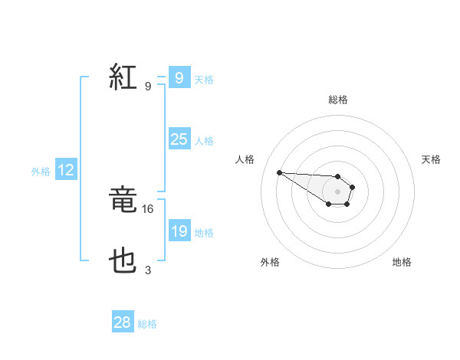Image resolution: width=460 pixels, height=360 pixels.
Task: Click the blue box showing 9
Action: pos(179,78)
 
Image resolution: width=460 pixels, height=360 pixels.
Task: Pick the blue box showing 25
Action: pos(179,139)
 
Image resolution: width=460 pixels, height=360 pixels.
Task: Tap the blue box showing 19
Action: pos(179,231)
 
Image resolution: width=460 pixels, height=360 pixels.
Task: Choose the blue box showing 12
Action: pos(66,171)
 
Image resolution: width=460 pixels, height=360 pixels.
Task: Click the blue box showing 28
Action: pos(123,322)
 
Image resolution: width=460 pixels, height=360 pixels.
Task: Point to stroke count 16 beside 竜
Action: pos(149,208)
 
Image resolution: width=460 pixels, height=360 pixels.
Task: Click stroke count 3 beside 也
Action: pos(148,270)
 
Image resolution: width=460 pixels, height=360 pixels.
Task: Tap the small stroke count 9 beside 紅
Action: pos(148,86)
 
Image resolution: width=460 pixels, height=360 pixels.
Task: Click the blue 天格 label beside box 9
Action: pos(204,80)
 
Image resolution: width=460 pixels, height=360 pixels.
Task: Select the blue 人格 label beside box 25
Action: pos(204,141)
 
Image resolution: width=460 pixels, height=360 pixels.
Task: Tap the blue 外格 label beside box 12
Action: pos(41,172)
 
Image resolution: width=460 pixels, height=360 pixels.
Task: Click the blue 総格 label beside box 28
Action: pos(147,324)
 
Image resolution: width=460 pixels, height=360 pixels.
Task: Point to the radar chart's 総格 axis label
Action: pos(337,100)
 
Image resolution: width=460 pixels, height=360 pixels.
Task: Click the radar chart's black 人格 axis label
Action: pos(245,159)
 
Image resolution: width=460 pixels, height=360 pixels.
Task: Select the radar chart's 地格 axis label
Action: pos(402,262)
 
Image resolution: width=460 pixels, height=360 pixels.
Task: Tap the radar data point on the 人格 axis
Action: pos(279,172)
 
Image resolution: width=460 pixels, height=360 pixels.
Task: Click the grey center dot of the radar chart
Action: pos(337,191)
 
